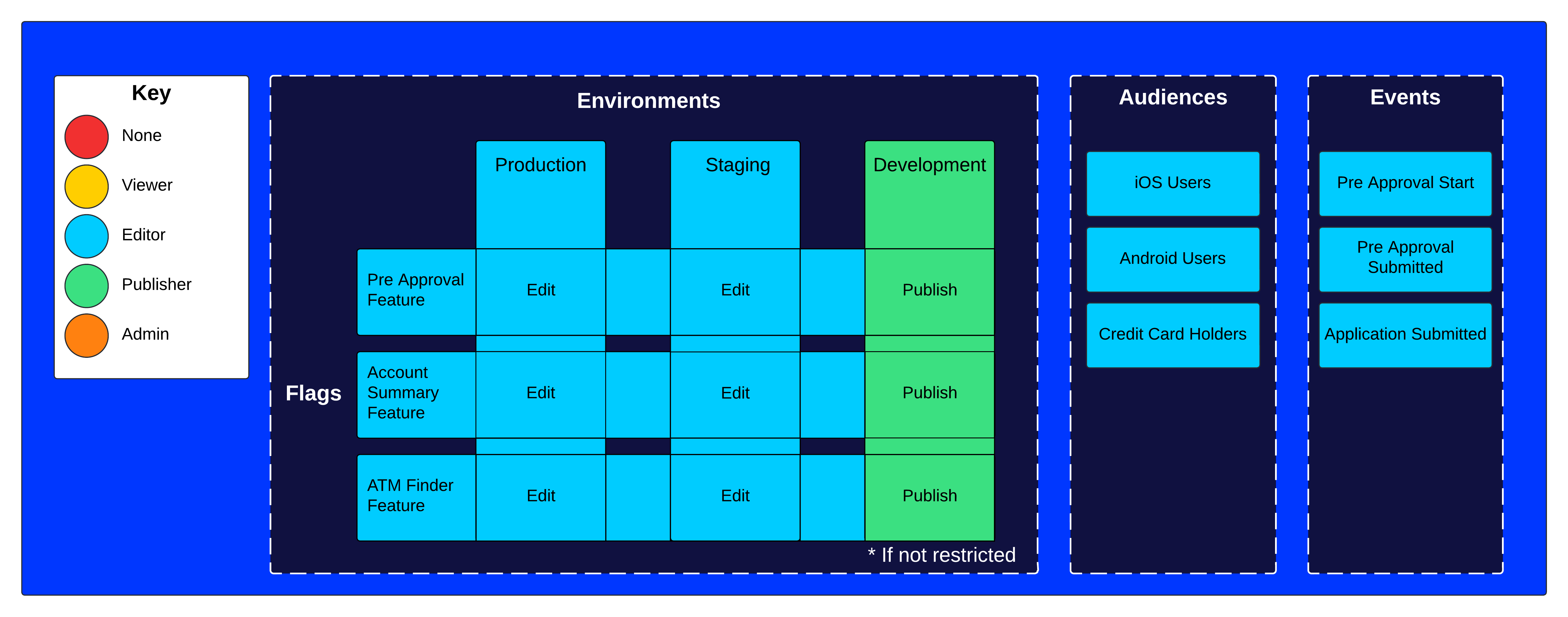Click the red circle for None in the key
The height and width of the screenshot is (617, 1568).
point(87,137)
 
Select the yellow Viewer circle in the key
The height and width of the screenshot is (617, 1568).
point(87,186)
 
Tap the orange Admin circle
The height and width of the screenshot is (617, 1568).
point(87,335)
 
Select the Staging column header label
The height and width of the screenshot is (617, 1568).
point(737,165)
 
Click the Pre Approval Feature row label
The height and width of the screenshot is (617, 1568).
point(415,290)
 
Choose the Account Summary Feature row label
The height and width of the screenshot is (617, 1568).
point(403,393)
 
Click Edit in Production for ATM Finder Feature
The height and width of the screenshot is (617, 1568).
point(541,496)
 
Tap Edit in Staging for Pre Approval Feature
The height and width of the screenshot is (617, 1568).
point(735,290)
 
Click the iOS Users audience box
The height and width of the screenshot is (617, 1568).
point(1172,183)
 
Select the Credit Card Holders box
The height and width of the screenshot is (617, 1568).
point(1172,334)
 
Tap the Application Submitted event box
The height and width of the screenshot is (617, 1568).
point(1405,334)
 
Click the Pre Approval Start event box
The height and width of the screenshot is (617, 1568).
point(1405,183)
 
